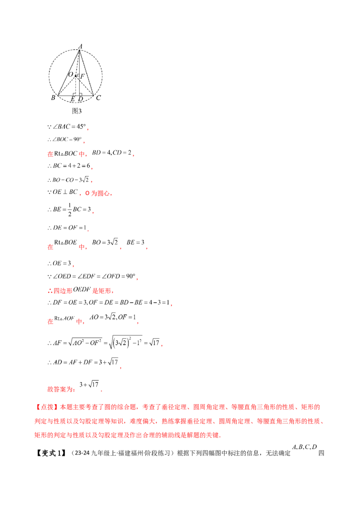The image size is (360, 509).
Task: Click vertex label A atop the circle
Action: pos(80,46)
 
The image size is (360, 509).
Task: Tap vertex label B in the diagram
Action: pos(53,98)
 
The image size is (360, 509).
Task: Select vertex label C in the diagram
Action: pos(99,98)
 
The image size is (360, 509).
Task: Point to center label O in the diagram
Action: pos(71,74)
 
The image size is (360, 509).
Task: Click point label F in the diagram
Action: pos(82,76)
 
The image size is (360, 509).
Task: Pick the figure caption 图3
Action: pos(76,111)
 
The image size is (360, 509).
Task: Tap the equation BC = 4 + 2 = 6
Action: pos(69,165)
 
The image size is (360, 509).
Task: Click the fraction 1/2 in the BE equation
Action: pos(70,210)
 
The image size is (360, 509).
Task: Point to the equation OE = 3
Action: pos(59,263)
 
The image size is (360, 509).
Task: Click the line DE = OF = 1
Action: pos(67,228)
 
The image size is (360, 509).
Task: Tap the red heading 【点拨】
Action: pos(46,407)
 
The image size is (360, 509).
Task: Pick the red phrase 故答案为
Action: pos(61,389)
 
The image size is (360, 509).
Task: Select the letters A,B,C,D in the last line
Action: pos(305,447)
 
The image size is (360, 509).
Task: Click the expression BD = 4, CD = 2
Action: pos(112,152)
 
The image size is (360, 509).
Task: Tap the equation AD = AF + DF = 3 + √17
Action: pos(83,362)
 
